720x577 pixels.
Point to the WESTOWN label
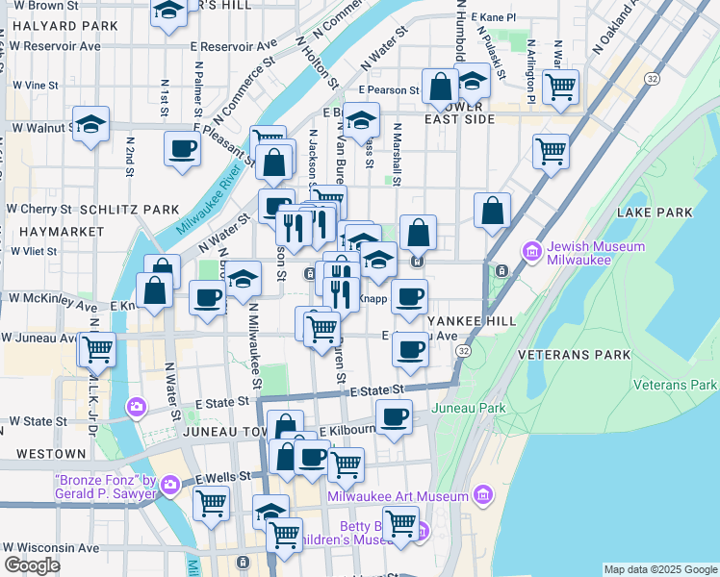[x=43, y=453]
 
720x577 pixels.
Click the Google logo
[x=33, y=564]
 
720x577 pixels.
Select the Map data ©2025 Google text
[x=661, y=569]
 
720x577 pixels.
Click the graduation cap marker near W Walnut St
[x=90, y=124]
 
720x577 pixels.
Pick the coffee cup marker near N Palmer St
[x=182, y=149]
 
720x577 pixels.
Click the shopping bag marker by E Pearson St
[x=440, y=87]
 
